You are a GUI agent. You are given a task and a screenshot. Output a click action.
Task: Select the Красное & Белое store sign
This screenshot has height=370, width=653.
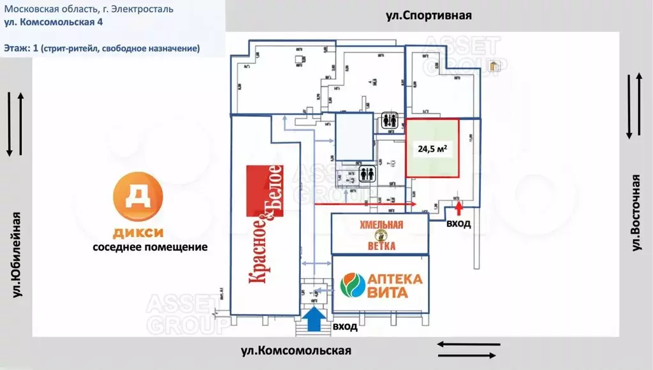265,223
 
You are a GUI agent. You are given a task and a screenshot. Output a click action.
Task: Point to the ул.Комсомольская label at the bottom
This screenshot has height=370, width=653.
296,350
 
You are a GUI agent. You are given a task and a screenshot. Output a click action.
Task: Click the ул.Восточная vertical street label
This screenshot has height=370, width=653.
636,212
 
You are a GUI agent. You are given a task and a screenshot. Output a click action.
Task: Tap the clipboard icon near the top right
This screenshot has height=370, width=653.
494,66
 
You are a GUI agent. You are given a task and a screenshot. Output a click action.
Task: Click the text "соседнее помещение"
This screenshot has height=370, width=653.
150,247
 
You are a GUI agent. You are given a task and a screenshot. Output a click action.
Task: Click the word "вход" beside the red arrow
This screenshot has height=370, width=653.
459,224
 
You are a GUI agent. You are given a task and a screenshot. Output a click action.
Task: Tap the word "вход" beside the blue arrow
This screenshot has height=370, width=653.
344,327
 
